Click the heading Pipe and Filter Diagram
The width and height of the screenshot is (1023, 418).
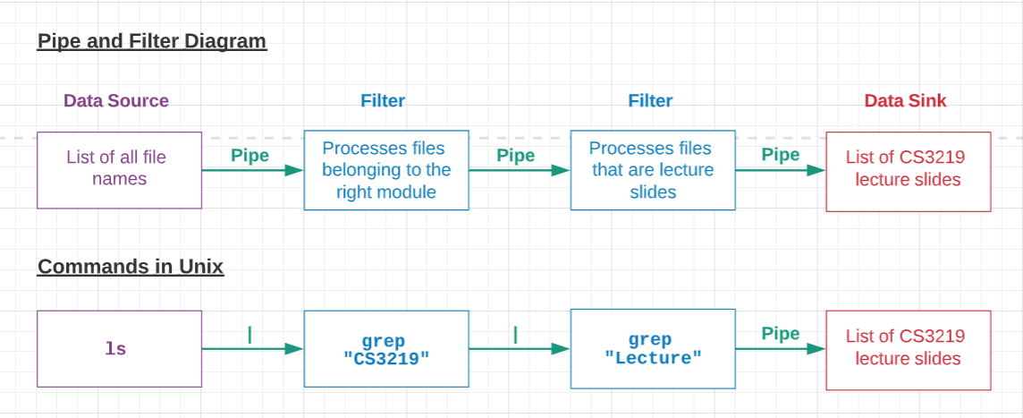(x=151, y=41)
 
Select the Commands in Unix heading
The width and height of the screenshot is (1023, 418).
(x=130, y=267)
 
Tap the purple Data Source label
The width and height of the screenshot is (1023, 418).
(x=115, y=101)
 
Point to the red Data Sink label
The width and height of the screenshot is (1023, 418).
(x=905, y=101)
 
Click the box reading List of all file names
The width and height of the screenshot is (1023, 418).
(x=119, y=170)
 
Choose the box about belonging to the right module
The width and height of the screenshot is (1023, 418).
(x=385, y=170)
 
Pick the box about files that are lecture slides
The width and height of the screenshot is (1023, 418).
(x=652, y=170)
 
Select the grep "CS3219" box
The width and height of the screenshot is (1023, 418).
(x=385, y=349)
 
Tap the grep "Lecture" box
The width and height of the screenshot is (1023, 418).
(x=652, y=349)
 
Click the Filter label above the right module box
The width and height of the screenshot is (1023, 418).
(x=383, y=101)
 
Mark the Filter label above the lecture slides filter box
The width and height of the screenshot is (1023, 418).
(x=650, y=101)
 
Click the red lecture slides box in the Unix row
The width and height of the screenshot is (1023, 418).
(x=908, y=349)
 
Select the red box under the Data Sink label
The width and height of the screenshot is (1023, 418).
(x=908, y=171)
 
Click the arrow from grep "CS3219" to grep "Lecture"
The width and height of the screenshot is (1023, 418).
(x=519, y=349)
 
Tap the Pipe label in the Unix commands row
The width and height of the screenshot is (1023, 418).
(x=780, y=334)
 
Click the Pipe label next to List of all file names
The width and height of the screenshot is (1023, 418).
(x=249, y=156)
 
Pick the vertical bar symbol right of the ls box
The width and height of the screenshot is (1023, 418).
(x=249, y=335)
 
